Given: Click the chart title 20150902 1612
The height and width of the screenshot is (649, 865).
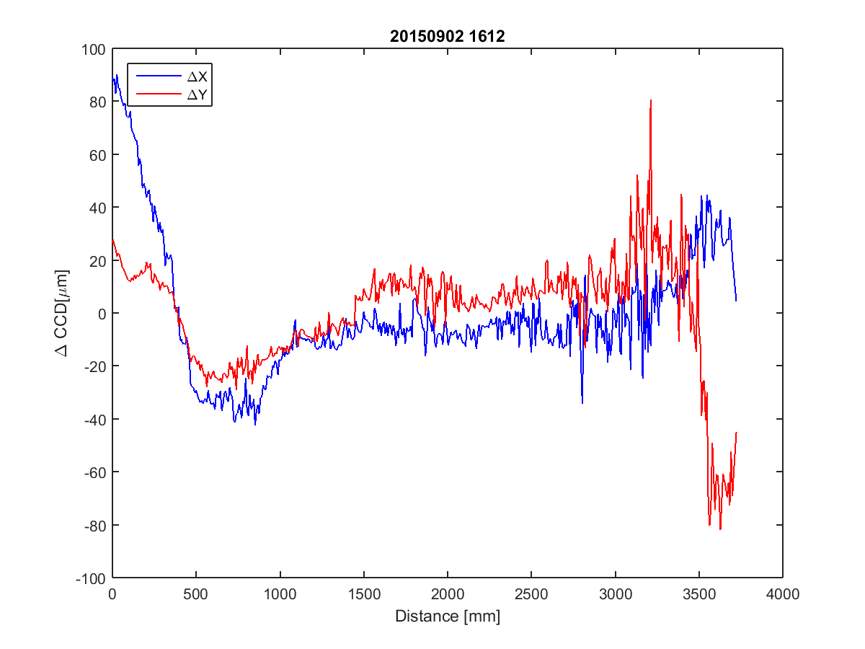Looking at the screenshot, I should [x=448, y=37].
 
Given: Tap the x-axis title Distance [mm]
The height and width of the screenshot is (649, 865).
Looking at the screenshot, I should [x=448, y=617].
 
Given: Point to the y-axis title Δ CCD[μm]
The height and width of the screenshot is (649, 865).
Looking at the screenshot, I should [x=63, y=313].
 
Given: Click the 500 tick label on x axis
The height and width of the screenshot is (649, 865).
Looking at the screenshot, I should [x=196, y=595].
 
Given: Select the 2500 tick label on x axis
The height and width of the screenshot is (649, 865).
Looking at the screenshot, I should [x=531, y=595].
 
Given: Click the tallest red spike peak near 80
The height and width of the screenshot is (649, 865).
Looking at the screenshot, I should [x=651, y=100].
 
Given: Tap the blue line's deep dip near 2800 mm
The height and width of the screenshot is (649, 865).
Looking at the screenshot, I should [x=582, y=402].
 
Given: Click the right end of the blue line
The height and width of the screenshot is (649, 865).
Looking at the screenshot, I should [x=736, y=301].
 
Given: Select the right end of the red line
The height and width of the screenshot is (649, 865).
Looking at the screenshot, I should [x=737, y=432].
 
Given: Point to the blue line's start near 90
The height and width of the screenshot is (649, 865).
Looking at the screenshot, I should [x=113, y=77].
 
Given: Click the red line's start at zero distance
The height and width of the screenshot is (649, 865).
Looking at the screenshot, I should [x=112, y=239].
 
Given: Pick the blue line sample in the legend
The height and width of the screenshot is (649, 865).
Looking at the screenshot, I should [x=159, y=75].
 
